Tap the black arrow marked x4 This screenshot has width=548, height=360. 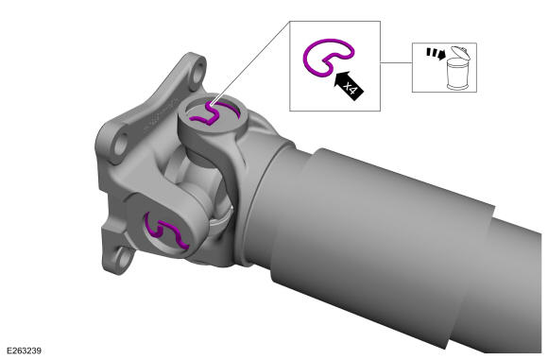tap(349, 86)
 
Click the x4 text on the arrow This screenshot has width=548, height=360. tap(351, 88)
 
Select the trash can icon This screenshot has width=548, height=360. tap(457, 67)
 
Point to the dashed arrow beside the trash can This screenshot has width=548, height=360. tap(436, 54)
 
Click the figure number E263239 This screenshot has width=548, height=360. tap(25, 351)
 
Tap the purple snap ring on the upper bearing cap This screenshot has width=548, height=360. tap(213, 113)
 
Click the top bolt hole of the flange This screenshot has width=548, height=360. tap(198, 72)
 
